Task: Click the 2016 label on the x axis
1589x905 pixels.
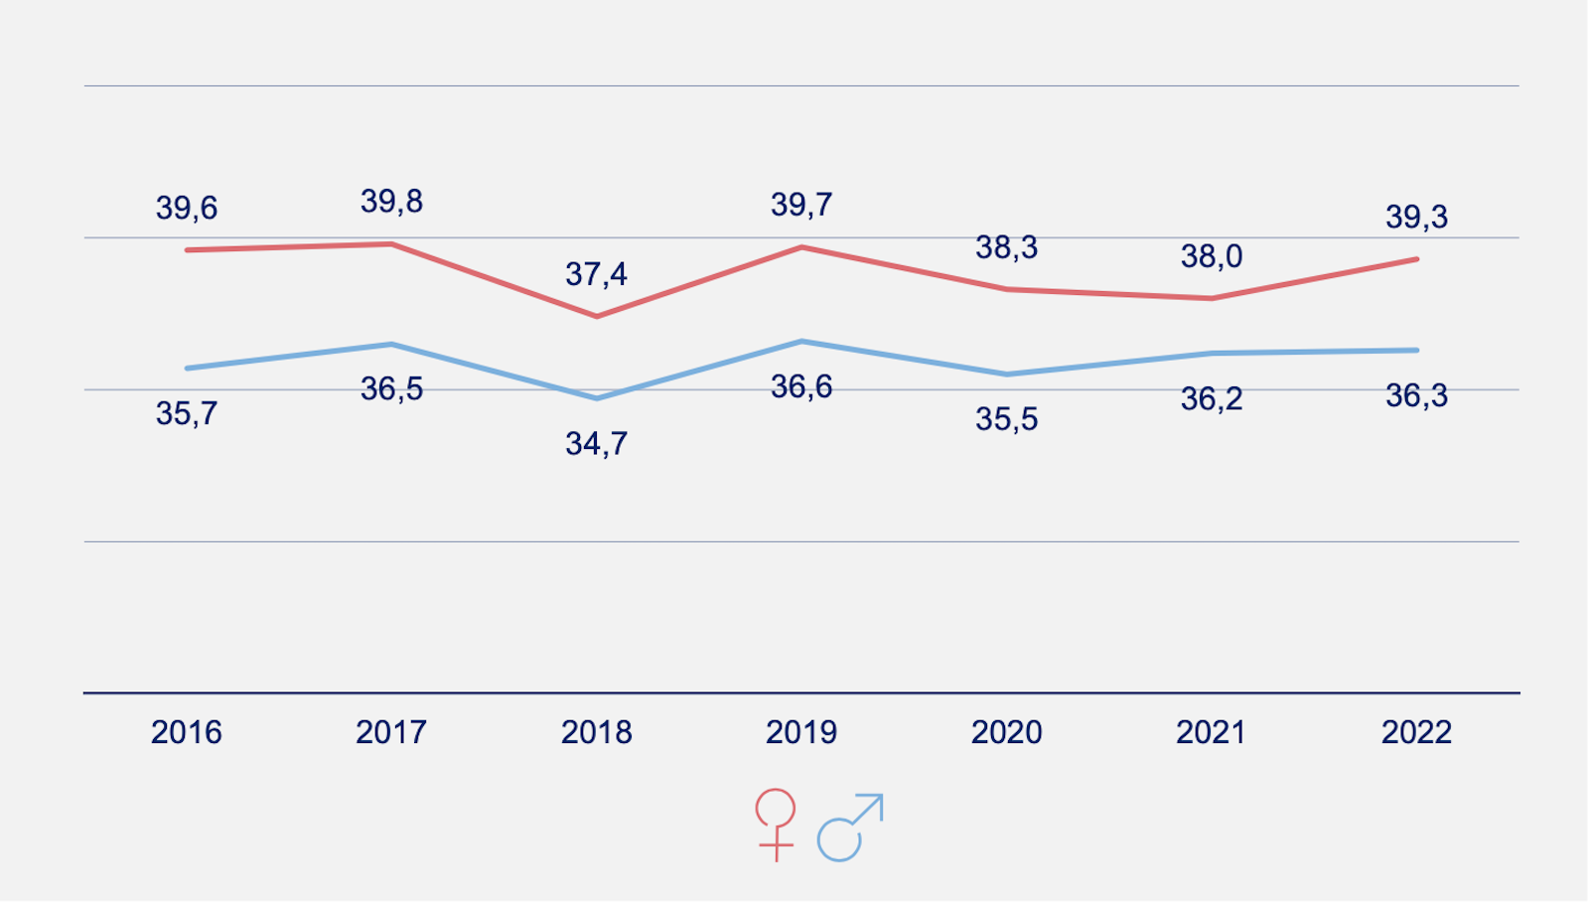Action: tap(187, 733)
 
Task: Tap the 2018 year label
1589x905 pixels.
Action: tap(596, 733)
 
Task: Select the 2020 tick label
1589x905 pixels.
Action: tap(1006, 733)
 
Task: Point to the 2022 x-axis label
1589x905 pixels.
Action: tap(1416, 733)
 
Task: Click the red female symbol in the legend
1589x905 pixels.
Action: tap(776, 824)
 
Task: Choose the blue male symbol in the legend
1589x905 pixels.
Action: tap(849, 827)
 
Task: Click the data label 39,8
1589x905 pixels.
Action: tap(391, 202)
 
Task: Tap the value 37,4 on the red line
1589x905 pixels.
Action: tap(596, 274)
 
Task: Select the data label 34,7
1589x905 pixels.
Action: tap(596, 443)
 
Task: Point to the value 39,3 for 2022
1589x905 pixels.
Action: tap(1416, 217)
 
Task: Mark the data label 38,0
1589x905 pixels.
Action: tap(1212, 256)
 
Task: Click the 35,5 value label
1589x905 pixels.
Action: tap(1006, 419)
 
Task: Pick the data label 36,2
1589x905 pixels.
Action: tap(1212, 399)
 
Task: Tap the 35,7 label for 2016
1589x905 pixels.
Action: tap(187, 413)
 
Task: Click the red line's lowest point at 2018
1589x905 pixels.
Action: tap(597, 317)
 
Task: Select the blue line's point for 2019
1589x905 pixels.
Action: tap(801, 342)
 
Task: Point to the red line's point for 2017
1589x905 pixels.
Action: tap(392, 244)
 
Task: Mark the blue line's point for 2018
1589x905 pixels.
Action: tap(597, 398)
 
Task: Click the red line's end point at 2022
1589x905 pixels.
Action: tap(1416, 259)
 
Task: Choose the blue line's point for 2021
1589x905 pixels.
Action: tap(1212, 354)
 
